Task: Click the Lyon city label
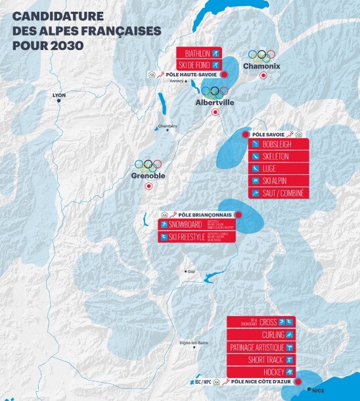tap(59, 95)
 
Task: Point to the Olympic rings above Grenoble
tap(148, 164)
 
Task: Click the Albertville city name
tap(215, 103)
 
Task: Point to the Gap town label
tap(191, 271)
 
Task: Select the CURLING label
tap(261, 335)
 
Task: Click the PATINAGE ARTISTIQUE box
tap(261, 347)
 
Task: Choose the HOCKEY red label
tap(261, 372)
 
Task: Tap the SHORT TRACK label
tap(261, 360)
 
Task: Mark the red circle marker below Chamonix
tap(263, 76)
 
